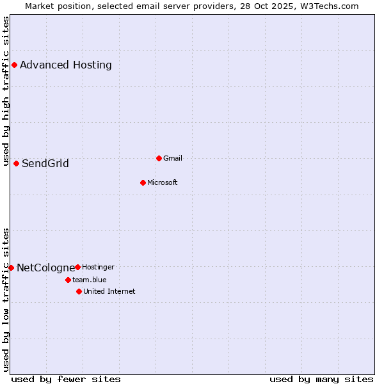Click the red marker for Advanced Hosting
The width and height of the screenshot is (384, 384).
coord(14,65)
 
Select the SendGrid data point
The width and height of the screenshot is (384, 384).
coord(16,163)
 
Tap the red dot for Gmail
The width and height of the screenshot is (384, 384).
coord(159,158)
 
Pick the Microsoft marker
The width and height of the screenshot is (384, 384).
coord(143,182)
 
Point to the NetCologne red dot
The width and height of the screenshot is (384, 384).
coord(11,268)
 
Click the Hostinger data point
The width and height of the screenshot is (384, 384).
coord(77,267)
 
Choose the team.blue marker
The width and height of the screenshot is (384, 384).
coord(68,280)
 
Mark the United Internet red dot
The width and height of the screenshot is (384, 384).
coord(79,291)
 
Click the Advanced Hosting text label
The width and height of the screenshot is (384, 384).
coord(66,65)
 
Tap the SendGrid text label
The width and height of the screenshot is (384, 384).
coord(45,163)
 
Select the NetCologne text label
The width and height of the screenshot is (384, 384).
coord(45,268)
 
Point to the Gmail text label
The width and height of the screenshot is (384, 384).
coord(173,158)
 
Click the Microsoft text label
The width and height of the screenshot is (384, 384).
coord(163,182)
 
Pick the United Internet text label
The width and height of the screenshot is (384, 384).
coord(109,291)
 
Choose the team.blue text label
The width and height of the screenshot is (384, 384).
coord(90,280)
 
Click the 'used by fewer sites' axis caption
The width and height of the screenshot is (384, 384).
coord(66,379)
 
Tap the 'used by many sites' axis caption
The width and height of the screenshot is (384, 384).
coord(321,379)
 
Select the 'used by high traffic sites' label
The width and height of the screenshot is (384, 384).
coord(6,91)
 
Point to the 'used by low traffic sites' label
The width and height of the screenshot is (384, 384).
coord(6,300)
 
